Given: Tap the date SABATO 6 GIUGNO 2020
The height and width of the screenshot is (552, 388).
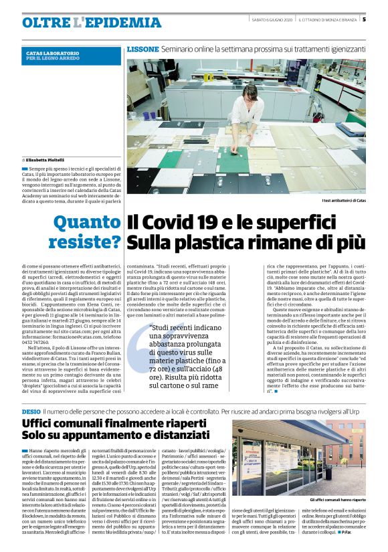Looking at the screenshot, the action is coord(271,19).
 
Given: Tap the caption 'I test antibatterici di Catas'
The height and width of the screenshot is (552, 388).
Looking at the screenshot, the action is coord(343,200).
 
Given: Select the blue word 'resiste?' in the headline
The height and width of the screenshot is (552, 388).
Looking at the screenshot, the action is coord(83,242).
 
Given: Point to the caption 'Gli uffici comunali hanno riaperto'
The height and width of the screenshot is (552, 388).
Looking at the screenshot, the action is coord(337,500).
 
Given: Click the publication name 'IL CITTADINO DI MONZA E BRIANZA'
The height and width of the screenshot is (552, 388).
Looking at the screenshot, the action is coord(328,19).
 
